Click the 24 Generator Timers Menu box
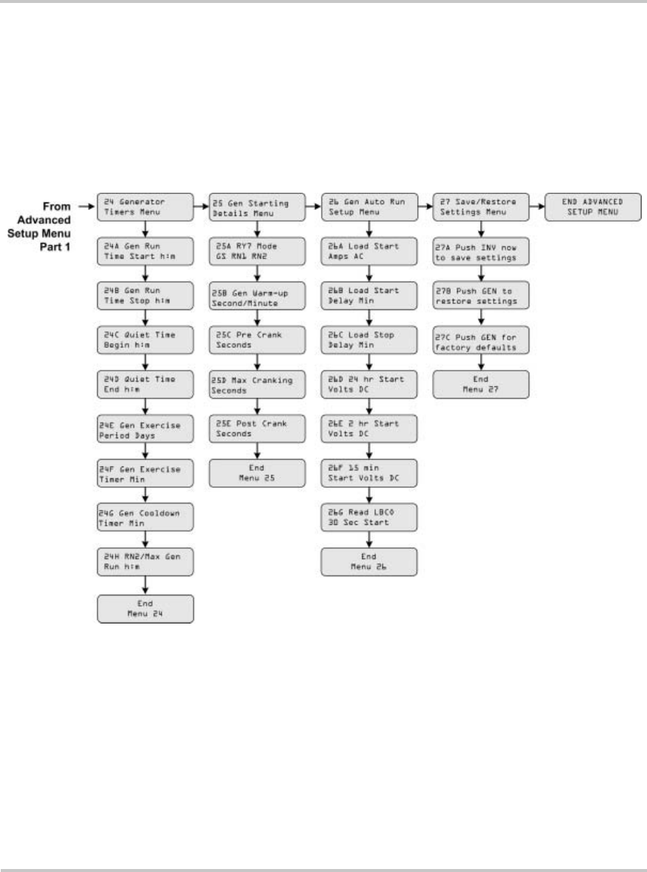pyautogui.click(x=146, y=206)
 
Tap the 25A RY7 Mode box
pyautogui.click(x=257, y=251)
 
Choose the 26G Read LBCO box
pyautogui.click(x=368, y=518)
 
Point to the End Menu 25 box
pyautogui.click(x=257, y=473)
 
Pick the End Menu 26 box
pyautogui.click(x=368, y=562)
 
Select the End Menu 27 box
pyautogui.click(x=481, y=384)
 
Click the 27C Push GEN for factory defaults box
pyautogui.click(x=481, y=340)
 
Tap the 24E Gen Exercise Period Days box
pyautogui.click(x=146, y=429)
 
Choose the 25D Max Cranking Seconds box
pyautogui.click(x=257, y=384)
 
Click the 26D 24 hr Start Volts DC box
pyautogui.click(x=368, y=384)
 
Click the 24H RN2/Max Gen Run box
pyautogui.click(x=146, y=562)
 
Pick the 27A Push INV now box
pyautogui.click(x=481, y=251)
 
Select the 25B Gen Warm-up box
pyautogui.click(x=257, y=295)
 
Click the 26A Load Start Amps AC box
pyautogui.click(x=368, y=251)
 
